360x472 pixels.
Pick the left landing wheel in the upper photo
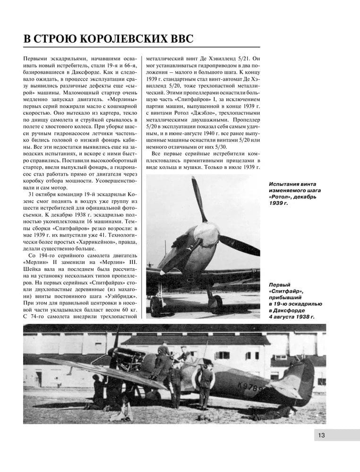pos(156,304)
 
